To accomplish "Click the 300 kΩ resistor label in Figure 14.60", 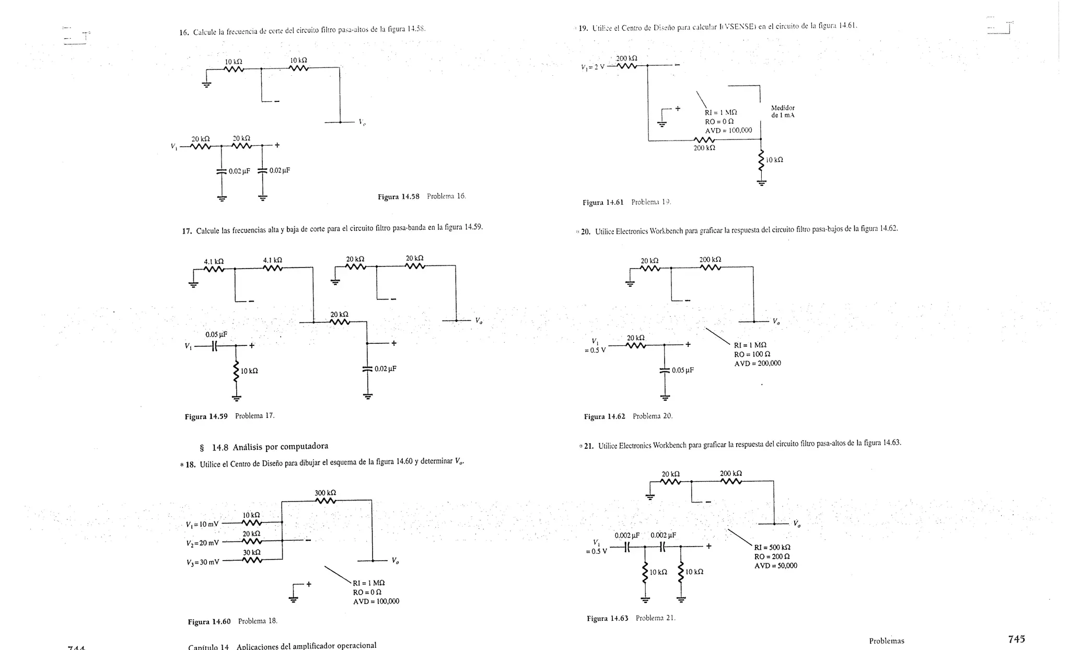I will pos(325,493).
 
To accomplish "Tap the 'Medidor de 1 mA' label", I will pos(783,111).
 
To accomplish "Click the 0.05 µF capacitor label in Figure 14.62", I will pos(682,370).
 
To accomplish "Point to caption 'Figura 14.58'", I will pos(398,197).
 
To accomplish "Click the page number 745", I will pos(1016,639).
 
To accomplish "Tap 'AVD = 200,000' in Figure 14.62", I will pos(757,364).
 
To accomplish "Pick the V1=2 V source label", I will pos(592,67).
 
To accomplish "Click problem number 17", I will pos(187,231).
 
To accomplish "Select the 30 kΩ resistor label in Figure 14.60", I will pos(252,552).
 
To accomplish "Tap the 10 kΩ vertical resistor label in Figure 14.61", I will pos(774,160).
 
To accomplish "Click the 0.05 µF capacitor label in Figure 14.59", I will pos(216,334).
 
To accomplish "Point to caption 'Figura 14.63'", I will pos(607,619).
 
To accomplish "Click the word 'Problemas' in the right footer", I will pos(886,641).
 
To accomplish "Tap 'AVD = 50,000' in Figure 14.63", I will pos(775,566).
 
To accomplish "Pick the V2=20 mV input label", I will pos(203,543).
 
